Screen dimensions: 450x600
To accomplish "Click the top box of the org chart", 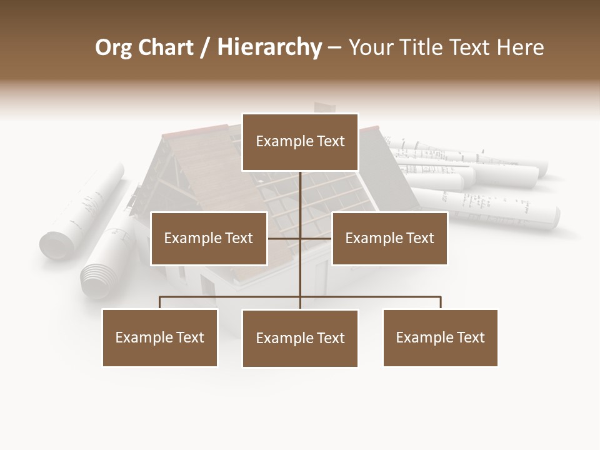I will [x=300, y=142].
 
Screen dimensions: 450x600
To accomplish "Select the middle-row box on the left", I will [x=209, y=238].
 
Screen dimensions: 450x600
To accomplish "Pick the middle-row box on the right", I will [x=389, y=238].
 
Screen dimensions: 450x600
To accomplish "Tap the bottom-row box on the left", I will [x=160, y=337].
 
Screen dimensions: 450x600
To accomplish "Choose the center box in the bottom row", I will [x=300, y=338].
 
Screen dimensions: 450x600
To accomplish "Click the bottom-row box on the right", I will [x=440, y=337].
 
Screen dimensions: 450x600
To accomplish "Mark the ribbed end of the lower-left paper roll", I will [x=96, y=279].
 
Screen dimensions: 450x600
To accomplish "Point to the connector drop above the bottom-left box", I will [x=160, y=302].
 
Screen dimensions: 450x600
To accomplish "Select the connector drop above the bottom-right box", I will [x=441, y=302].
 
